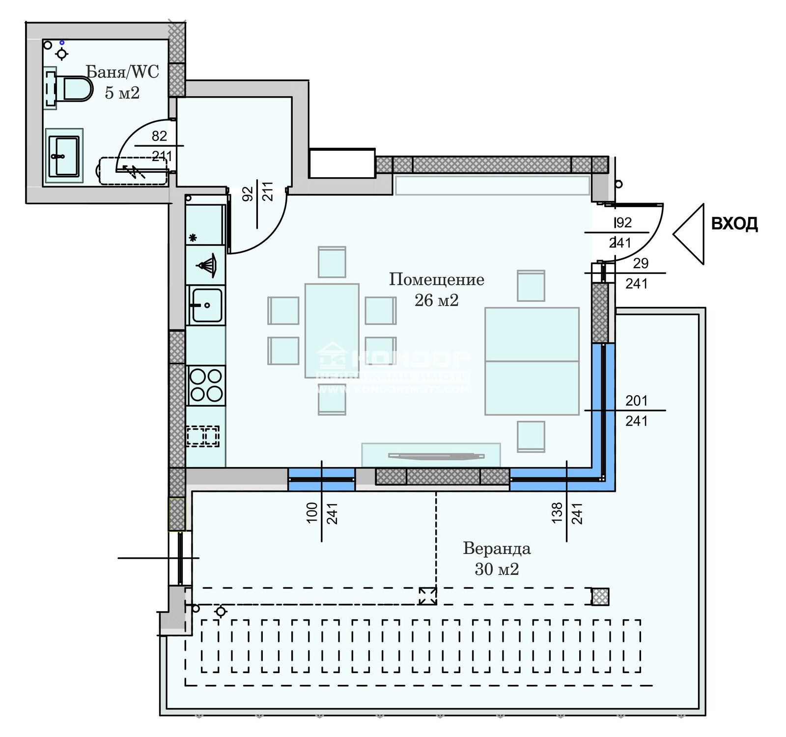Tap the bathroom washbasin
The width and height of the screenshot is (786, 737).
coord(64,156)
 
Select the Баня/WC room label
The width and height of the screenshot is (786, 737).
coord(122,72)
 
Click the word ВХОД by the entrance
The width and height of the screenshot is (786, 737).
coord(734,224)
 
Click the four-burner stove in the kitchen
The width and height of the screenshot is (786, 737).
coord(206,385)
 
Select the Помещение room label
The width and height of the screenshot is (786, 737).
coord(436,279)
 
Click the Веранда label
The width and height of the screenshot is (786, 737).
coord(497,548)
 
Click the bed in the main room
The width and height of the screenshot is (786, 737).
coord(532,361)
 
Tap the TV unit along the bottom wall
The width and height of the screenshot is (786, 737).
coord(431,455)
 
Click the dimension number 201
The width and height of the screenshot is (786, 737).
coord(636,401)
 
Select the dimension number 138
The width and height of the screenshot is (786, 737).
coord(557,513)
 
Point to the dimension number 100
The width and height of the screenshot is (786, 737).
coord(312,513)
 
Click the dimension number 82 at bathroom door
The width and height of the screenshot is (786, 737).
coord(159,136)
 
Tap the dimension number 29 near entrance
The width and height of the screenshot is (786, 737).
coord(641,264)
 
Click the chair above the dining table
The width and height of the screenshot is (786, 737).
coord(332,262)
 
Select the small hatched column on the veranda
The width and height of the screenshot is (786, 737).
coord(600,597)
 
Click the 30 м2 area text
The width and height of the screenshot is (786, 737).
coord(497,569)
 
